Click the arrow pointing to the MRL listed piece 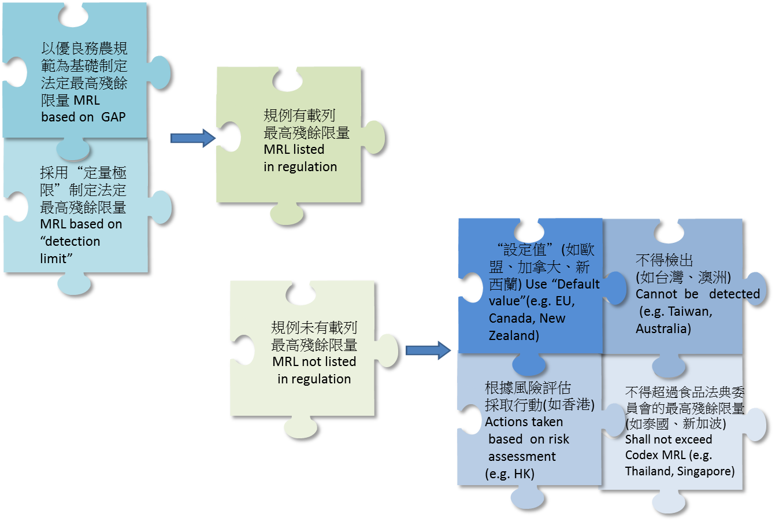pyautogui.click(x=192, y=138)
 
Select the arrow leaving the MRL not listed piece pyautogui.click(x=428, y=350)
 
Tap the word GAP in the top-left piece pyautogui.click(x=113, y=117)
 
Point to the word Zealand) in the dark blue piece pyautogui.click(x=514, y=335)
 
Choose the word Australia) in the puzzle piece pyautogui.click(x=663, y=328)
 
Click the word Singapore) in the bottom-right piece pyautogui.click(x=706, y=471)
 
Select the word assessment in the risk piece pyautogui.click(x=522, y=456)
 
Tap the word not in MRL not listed pyautogui.click(x=313, y=361)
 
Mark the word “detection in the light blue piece pyautogui.click(x=70, y=241)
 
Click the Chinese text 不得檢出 pyautogui.click(x=664, y=260)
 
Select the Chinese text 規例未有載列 pyautogui.click(x=314, y=327)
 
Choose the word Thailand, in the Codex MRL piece pyautogui.click(x=648, y=471)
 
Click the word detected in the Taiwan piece pyautogui.click(x=734, y=294)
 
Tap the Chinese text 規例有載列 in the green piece pyautogui.click(x=299, y=115)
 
